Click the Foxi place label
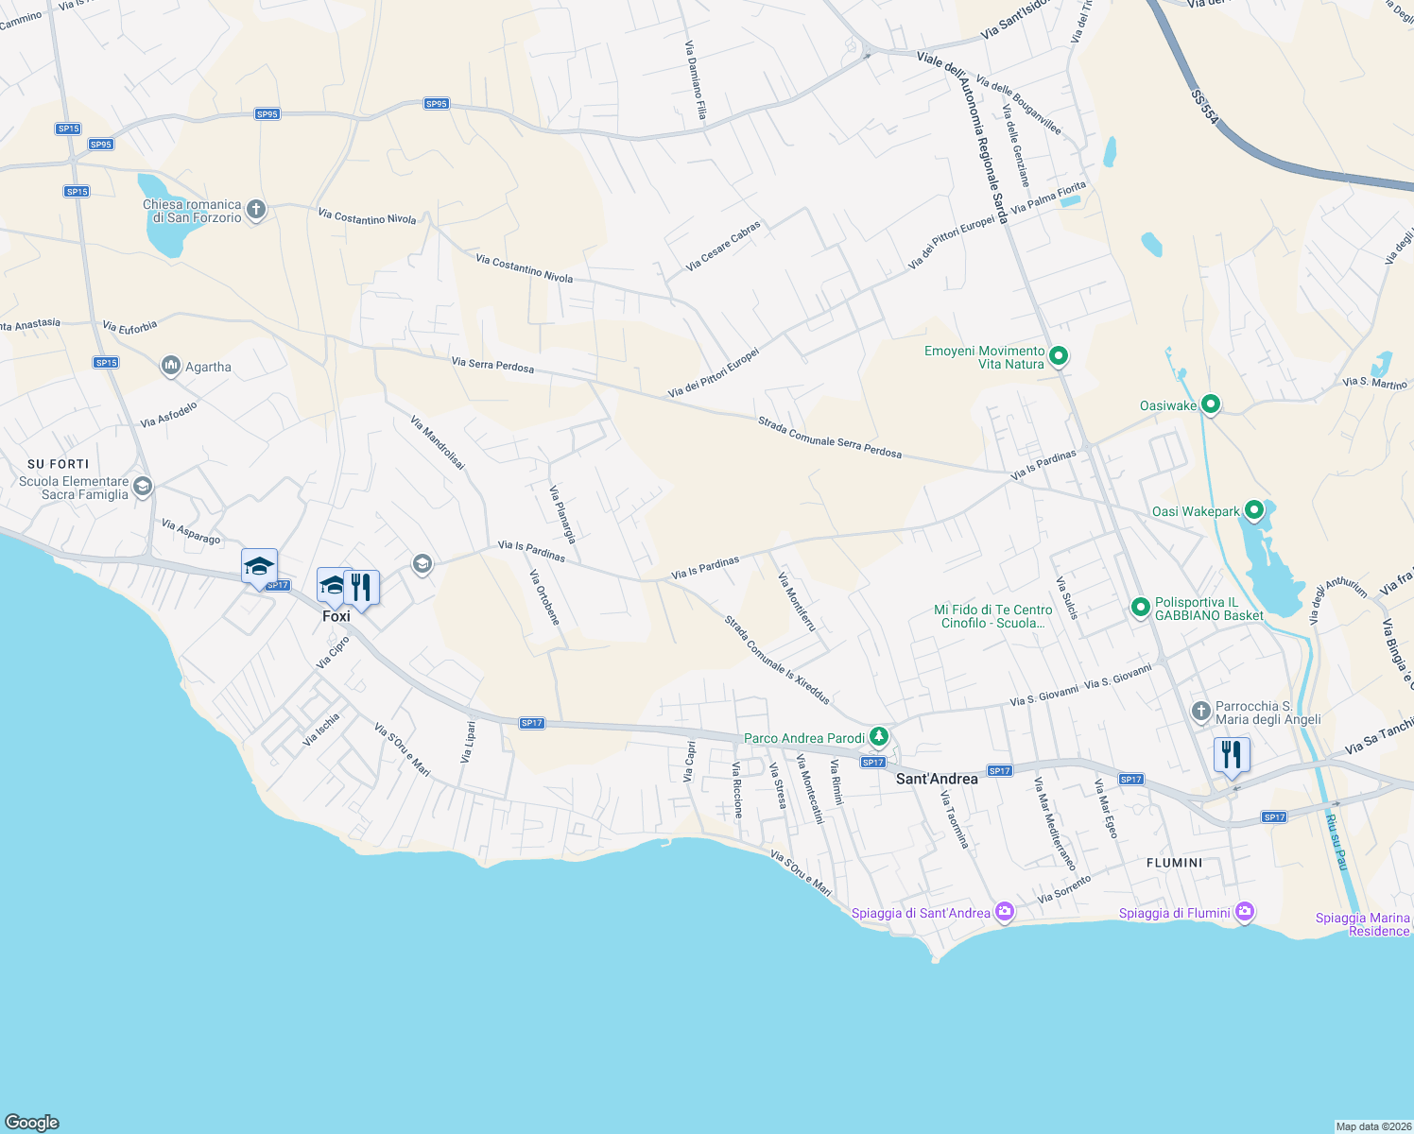336,616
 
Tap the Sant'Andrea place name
936,779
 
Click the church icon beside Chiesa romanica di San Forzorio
256,210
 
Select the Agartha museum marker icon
171,366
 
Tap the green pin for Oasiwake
1210,404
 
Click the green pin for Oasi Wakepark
1254,510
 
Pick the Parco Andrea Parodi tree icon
879,735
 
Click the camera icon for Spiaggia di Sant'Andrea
1005,912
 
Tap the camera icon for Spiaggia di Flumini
1245,912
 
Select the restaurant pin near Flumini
1232,755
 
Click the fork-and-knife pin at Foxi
361,587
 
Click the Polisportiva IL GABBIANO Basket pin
1140,606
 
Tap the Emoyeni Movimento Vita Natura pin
1059,355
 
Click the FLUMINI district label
1174,863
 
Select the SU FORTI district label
59,464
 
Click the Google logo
32,1122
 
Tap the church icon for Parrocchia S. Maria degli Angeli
1200,711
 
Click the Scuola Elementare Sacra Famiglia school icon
143,487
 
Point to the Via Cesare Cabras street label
723,247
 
